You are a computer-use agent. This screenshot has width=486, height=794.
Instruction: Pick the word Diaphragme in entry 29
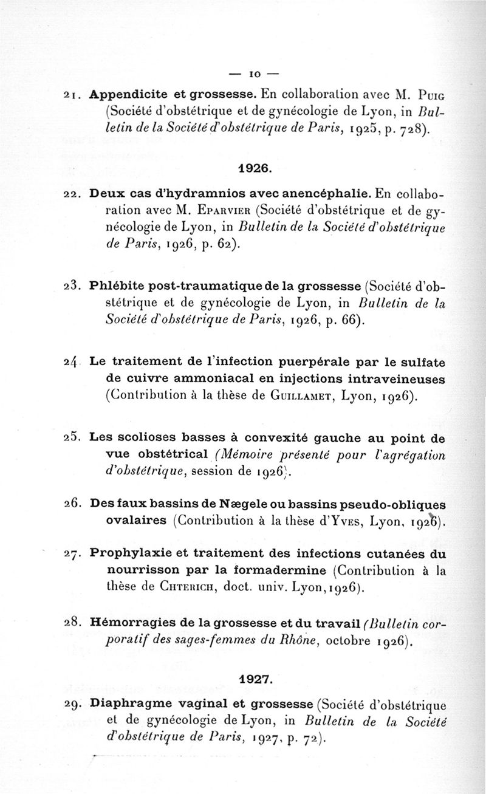click(x=125, y=705)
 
